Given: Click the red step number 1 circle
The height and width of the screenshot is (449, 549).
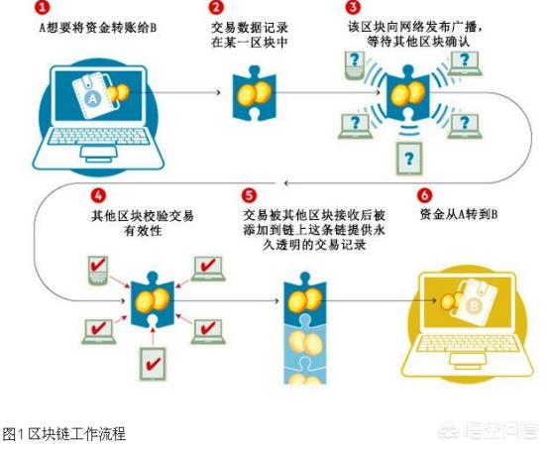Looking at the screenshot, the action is pyautogui.click(x=42, y=7).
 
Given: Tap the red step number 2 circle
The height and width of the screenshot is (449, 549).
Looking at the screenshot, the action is pyautogui.click(x=216, y=7).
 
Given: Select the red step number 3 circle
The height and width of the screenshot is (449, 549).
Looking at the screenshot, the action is pyautogui.click(x=353, y=7).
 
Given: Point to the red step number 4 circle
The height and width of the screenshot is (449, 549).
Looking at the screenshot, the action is pyautogui.click(x=98, y=195).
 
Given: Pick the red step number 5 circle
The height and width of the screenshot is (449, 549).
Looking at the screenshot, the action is pyautogui.click(x=249, y=195).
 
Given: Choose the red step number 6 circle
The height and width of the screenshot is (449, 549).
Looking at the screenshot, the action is pyautogui.click(x=425, y=195).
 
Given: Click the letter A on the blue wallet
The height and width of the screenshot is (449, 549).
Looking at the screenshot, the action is pyautogui.click(x=93, y=99).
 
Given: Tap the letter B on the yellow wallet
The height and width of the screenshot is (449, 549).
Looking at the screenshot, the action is pyautogui.click(x=475, y=307).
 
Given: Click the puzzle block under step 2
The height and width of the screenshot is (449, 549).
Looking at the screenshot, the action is pyautogui.click(x=255, y=93).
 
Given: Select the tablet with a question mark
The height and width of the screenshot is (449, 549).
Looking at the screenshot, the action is pyautogui.click(x=409, y=159).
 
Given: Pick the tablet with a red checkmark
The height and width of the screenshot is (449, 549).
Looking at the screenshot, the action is pyautogui.click(x=153, y=364).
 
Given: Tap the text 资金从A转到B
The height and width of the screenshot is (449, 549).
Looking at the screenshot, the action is pyautogui.click(x=459, y=215).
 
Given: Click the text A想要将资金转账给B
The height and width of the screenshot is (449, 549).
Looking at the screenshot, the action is pyautogui.click(x=98, y=28).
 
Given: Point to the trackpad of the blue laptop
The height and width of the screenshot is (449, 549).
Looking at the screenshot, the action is pyautogui.click(x=99, y=152).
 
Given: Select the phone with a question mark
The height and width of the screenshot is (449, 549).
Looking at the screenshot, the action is pyautogui.click(x=355, y=65).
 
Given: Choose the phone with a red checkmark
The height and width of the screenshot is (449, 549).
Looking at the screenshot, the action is pyautogui.click(x=98, y=270).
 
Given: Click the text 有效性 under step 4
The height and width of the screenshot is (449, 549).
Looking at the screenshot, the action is pyautogui.click(x=143, y=231).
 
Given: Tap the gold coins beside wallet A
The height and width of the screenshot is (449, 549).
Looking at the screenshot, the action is pyautogui.click(x=118, y=93).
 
